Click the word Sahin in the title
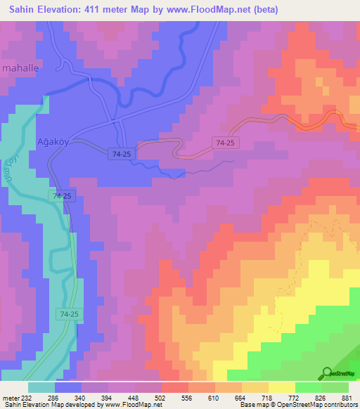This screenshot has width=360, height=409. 25,10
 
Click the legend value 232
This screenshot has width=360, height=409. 25,397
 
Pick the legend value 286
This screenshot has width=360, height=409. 53,397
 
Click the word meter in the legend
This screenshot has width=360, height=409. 10,397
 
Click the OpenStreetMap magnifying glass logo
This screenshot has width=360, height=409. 327,372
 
